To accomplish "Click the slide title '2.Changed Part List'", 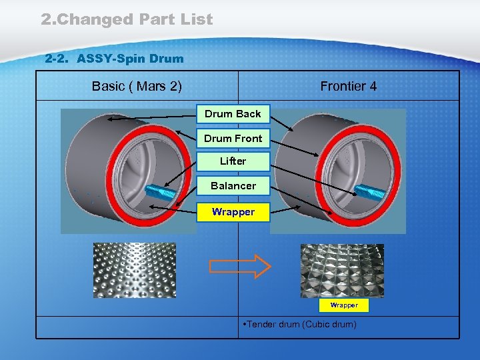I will tap(127, 19).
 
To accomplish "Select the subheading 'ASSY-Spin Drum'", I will tap(130, 59).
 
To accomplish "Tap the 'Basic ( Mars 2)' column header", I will tap(137, 86).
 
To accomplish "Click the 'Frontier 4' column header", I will tap(348, 86).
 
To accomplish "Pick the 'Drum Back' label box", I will tap(233, 114).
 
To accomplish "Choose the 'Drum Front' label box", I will tap(233, 139).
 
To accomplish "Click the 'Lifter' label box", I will tap(233, 161).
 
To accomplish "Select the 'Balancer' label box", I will tap(233, 186).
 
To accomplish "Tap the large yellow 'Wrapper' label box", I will tap(233, 212).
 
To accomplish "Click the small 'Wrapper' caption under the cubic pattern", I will tap(344, 305).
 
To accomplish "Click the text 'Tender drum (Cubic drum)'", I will tap(300, 325).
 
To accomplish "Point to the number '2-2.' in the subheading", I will tap(58, 59).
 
